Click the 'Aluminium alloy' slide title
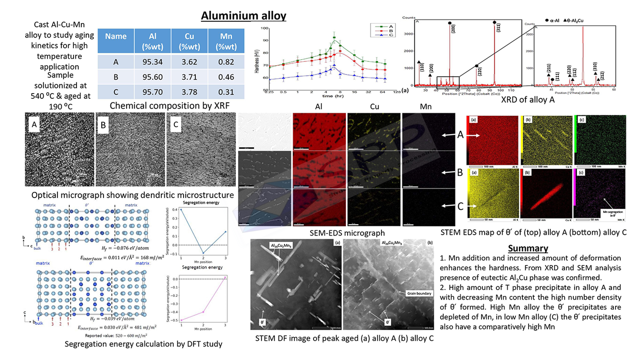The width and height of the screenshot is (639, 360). tap(243, 16)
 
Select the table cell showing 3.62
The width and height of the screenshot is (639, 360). tap(189, 62)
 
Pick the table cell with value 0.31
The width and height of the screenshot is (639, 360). tap(226, 92)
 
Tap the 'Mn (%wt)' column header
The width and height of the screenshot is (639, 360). tap(226, 41)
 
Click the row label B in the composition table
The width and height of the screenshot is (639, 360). tap(116, 77)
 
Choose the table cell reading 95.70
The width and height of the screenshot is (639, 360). tap(153, 92)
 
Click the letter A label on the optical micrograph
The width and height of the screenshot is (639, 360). tap(34, 124)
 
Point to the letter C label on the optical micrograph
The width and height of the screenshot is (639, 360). tap(176, 124)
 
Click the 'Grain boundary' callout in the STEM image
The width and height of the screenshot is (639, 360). tap(419, 293)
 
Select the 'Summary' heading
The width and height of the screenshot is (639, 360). tap(528, 248)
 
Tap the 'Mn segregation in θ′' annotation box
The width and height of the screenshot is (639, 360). tap(613, 213)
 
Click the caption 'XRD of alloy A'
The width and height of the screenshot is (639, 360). tap(527, 100)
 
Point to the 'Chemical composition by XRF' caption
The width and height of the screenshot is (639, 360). tap(170, 106)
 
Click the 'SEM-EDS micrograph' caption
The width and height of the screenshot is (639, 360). tap(347, 233)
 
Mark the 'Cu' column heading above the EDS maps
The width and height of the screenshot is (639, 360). tap(374, 107)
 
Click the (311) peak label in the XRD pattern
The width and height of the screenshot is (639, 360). tap(498, 28)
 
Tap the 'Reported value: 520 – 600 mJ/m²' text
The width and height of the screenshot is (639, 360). tap(116, 336)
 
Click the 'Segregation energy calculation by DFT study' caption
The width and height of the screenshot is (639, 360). tap(143, 344)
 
